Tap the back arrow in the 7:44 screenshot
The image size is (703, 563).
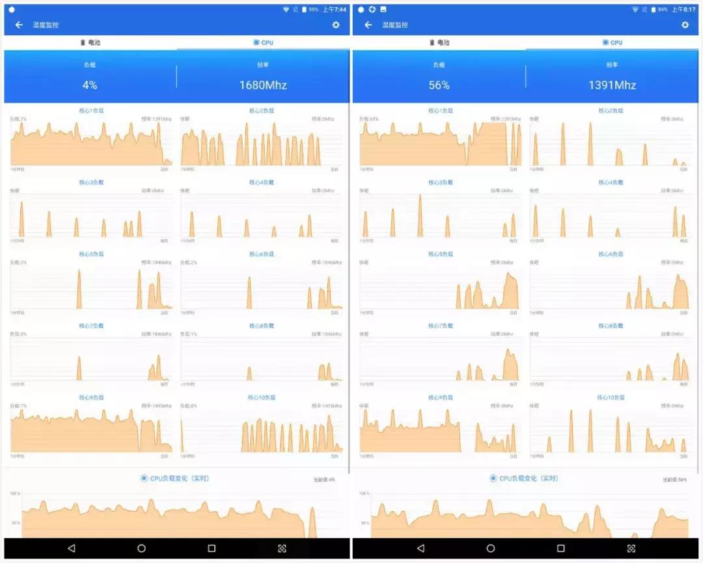click(19, 25)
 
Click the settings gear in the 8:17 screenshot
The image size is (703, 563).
click(685, 25)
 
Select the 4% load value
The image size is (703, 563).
click(90, 85)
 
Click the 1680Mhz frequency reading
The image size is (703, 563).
click(263, 85)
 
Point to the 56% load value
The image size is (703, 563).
click(439, 85)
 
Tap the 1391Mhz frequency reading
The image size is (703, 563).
click(612, 85)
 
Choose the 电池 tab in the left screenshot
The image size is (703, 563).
click(90, 43)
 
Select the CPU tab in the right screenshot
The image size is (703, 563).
click(613, 43)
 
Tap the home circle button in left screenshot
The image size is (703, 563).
click(141, 549)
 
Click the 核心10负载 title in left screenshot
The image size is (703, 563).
click(262, 397)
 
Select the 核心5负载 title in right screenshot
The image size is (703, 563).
click(440, 254)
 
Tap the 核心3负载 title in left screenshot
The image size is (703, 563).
click(91, 182)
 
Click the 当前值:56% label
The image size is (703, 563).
click(675, 480)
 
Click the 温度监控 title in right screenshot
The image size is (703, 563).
click(395, 25)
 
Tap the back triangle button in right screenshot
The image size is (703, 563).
click(420, 549)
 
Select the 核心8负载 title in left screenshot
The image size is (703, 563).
click(262, 326)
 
